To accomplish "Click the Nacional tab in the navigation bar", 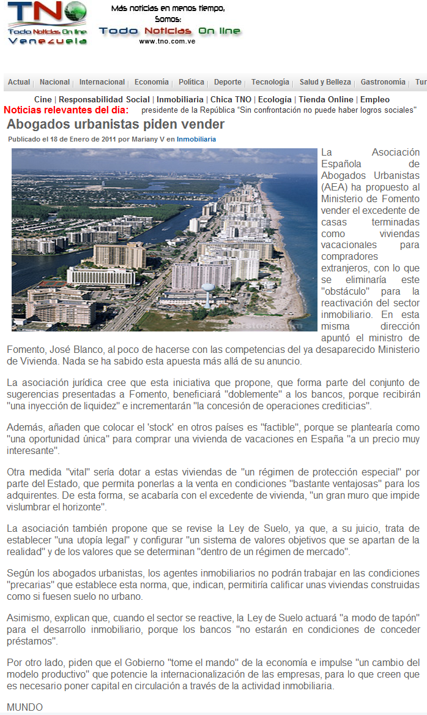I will [x=54, y=82].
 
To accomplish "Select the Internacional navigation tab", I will [x=102, y=82].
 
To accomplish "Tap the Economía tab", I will [x=151, y=82].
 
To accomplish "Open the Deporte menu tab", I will [x=228, y=82].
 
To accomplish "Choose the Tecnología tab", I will [x=270, y=82].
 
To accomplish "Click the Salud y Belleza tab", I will [x=325, y=82].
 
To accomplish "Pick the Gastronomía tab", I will [x=382, y=82].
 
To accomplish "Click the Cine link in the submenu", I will [x=43, y=99].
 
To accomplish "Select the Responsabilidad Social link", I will [x=104, y=99].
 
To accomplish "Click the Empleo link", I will [x=375, y=99].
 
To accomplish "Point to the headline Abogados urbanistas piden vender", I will [x=116, y=124].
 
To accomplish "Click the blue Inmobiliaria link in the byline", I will [x=196, y=140].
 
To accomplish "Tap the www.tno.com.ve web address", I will [x=167, y=42].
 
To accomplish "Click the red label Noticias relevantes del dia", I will [x=66, y=110].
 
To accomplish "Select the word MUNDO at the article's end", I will [x=25, y=707].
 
